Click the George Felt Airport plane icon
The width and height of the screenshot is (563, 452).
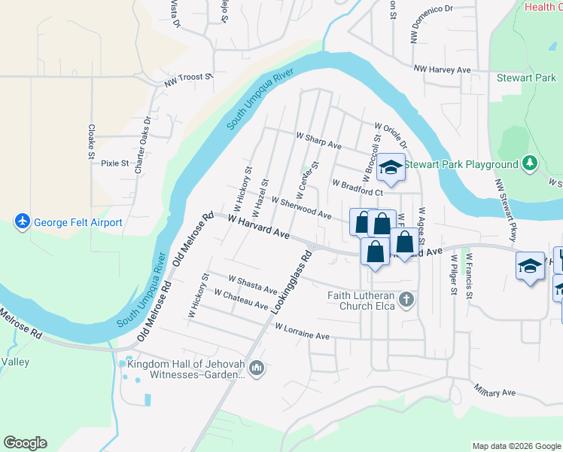(22, 222)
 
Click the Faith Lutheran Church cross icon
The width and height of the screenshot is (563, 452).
(406, 301)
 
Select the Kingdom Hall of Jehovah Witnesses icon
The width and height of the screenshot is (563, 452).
(257, 368)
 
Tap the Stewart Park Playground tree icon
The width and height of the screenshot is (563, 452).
(531, 163)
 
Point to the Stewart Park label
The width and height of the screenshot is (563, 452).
(525, 78)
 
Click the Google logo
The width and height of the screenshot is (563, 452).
(25, 443)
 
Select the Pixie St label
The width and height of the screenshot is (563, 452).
(115, 163)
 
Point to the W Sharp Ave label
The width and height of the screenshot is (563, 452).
(319, 140)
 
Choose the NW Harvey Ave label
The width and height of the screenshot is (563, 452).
(442, 70)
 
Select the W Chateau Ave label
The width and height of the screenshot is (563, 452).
(241, 299)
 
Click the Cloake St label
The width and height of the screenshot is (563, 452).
(91, 142)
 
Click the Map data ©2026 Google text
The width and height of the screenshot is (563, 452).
(516, 446)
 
